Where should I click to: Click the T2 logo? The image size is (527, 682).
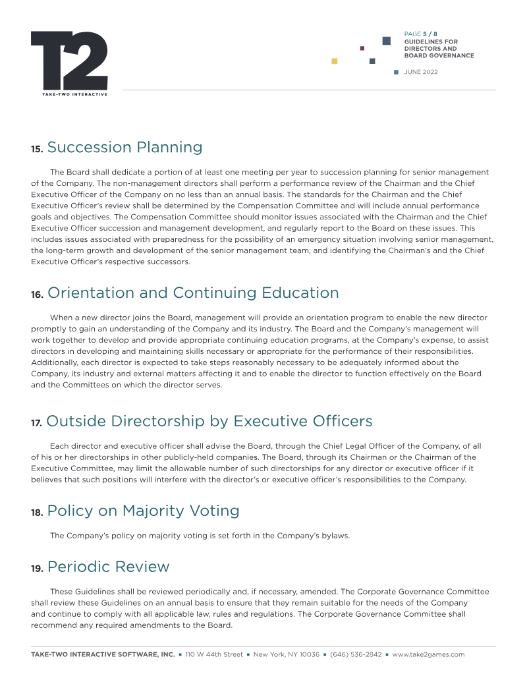[69, 61]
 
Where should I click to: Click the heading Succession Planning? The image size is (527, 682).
[125, 148]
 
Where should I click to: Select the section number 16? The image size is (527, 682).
[37, 295]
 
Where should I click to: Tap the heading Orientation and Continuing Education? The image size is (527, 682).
[193, 293]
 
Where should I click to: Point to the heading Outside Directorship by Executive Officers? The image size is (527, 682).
[209, 421]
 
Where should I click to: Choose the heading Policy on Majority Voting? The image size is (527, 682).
[143, 511]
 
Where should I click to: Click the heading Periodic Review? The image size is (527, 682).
[108, 567]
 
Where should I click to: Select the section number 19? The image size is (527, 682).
[37, 569]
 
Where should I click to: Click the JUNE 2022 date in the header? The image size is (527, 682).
[420, 72]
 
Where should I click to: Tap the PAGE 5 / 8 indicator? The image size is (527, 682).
[421, 34]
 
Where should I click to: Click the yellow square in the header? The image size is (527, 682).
[335, 61]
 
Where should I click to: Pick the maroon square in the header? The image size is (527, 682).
[362, 48]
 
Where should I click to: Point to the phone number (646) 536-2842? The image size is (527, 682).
[356, 654]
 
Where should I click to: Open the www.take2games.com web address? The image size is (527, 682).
[428, 654]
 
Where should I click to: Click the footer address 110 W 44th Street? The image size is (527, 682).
[214, 654]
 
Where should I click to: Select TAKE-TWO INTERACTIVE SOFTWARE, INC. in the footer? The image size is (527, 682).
[103, 654]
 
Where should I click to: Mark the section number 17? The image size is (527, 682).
[37, 423]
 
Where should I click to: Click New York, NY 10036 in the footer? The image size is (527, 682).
[287, 654]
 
